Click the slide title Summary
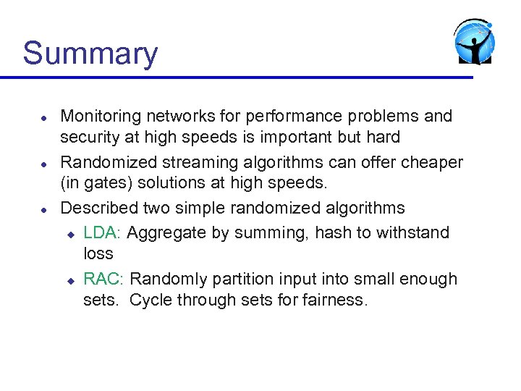pyautogui.click(x=90, y=54)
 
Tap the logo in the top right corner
pyautogui.click(x=475, y=43)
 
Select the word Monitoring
pyautogui.click(x=101, y=117)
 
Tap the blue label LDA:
pyautogui.click(x=104, y=233)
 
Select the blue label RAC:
pyautogui.click(x=105, y=279)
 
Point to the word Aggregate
pyautogui.click(x=169, y=233)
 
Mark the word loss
pyautogui.click(x=98, y=254)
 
